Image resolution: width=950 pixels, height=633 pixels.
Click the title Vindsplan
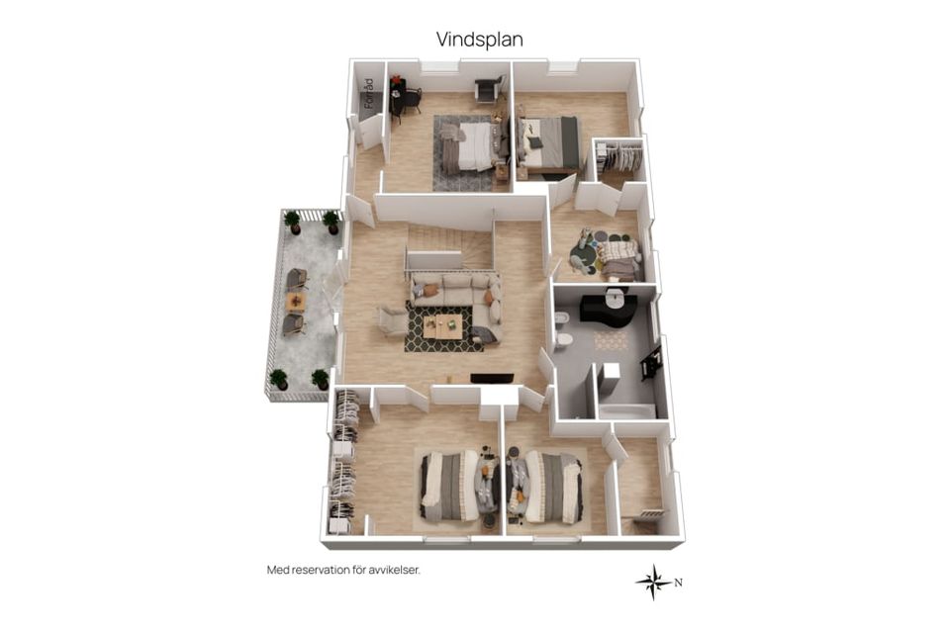tap(479, 40)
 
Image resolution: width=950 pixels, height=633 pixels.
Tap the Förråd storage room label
tap(369, 94)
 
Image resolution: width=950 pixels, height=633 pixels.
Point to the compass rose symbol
tap(654, 583)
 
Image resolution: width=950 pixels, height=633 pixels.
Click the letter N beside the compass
tap(679, 583)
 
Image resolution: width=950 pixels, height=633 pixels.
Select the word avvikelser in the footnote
tap(394, 570)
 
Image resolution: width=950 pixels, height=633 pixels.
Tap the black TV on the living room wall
tap(492, 379)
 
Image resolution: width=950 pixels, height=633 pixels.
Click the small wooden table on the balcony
tap(295, 301)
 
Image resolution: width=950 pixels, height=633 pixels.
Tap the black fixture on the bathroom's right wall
tap(652, 363)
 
